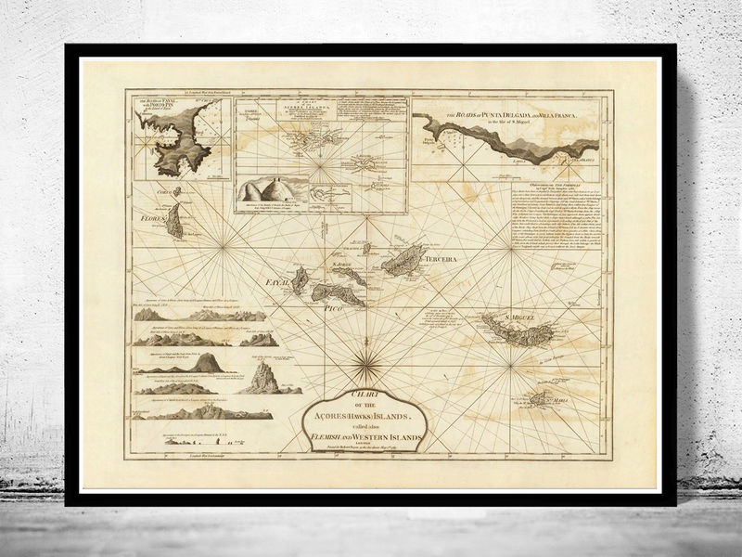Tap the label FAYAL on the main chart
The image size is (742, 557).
point(281,279)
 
